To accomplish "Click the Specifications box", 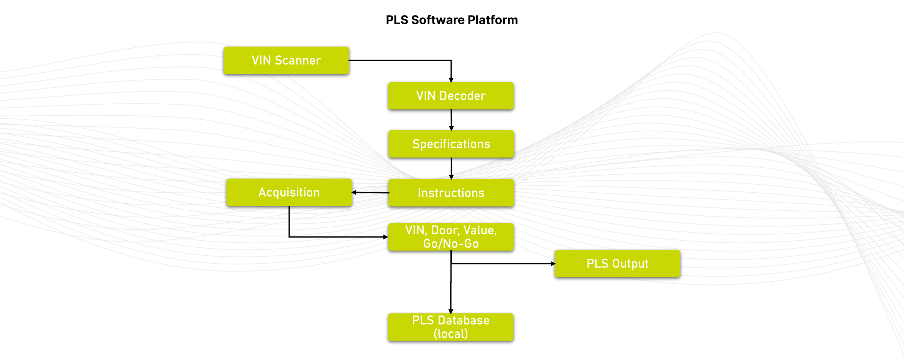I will [451, 144].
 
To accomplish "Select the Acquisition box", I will [289, 192].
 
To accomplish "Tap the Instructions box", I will [451, 193].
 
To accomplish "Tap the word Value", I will [480, 230].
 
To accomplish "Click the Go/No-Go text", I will [451, 244].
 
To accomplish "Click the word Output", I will [630, 264].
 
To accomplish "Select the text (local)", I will [451, 334].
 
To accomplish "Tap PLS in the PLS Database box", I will [423, 320].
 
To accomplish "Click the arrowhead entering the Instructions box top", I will [451, 176].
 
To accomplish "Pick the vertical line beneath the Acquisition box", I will [289, 221].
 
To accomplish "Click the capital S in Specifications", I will [416, 144].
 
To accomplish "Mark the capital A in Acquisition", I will [262, 192].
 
